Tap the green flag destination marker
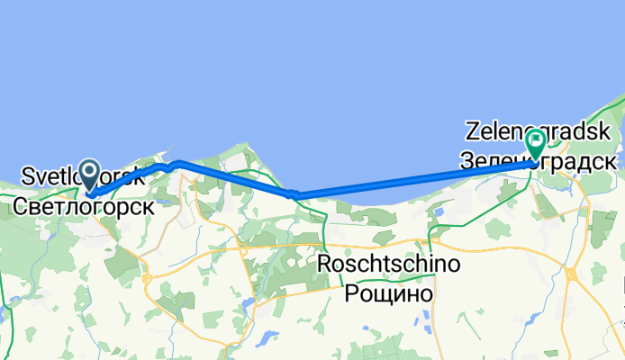[x=537, y=141]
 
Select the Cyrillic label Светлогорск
[x=83, y=206]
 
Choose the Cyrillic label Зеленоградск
[x=538, y=162]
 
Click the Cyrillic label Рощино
[x=390, y=293]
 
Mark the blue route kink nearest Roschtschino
[x=293, y=193]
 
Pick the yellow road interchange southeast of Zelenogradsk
[x=571, y=274]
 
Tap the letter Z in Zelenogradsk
[x=472, y=131]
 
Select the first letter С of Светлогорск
[x=20, y=206]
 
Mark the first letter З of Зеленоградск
[x=466, y=162]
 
